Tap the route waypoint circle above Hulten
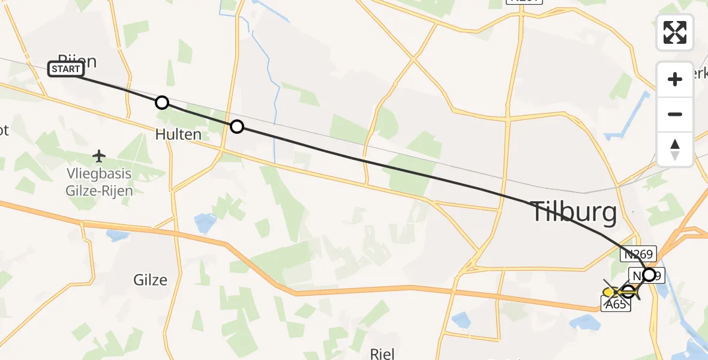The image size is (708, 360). point(161,103)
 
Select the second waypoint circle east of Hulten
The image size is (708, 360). point(237,127)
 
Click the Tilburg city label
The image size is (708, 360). point(574,212)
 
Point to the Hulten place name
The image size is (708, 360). point(178,134)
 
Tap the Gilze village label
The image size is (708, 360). point(150,280)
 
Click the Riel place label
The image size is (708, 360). point(382,353)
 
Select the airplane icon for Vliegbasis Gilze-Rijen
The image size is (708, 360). point(100,157)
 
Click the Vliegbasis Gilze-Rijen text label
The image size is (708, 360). point(100,183)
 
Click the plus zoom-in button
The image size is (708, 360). point(675,80)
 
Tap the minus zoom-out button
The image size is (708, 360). point(675,114)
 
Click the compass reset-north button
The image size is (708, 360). point(675,149)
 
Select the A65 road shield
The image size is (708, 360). point(616,305)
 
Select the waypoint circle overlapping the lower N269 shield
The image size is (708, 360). point(649,275)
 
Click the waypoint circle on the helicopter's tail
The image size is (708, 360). point(628,293)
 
